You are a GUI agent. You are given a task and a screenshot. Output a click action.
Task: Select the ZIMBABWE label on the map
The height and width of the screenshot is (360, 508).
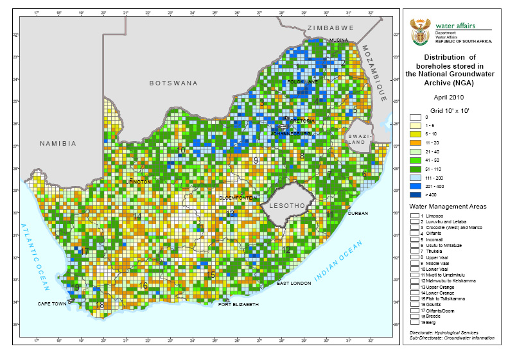(x=331, y=28)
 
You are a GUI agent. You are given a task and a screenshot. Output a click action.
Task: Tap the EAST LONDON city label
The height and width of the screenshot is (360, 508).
(x=293, y=283)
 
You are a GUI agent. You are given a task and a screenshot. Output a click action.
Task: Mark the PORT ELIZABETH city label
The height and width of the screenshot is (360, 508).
(x=238, y=304)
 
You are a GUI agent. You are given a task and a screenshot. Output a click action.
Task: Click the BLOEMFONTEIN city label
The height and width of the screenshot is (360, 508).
(x=238, y=198)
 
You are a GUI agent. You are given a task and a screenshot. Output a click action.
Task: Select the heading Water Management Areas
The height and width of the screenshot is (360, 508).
(x=448, y=206)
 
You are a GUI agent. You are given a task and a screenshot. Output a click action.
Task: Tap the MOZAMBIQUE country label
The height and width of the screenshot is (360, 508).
(x=374, y=73)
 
